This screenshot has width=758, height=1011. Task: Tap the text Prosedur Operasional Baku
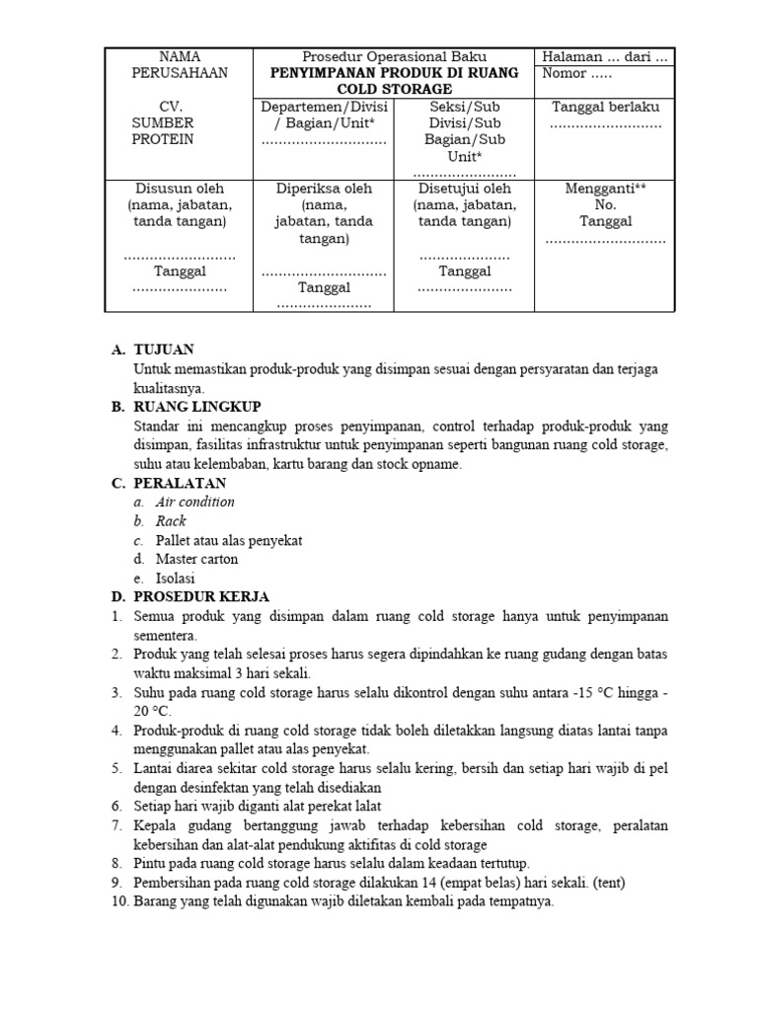click(393, 56)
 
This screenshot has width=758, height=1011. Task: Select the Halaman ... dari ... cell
click(605, 56)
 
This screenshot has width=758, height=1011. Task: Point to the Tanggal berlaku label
click(605, 107)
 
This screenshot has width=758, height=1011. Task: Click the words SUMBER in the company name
click(163, 122)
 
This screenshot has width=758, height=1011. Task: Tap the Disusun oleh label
click(179, 188)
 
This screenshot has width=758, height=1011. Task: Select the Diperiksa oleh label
click(324, 188)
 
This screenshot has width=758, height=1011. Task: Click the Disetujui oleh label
click(464, 188)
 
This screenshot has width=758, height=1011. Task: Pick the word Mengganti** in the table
click(605, 188)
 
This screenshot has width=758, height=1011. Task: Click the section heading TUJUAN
click(164, 350)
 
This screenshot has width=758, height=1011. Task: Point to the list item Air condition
click(194, 502)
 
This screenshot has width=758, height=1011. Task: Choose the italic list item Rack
click(171, 520)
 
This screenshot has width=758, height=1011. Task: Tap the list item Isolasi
click(175, 578)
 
